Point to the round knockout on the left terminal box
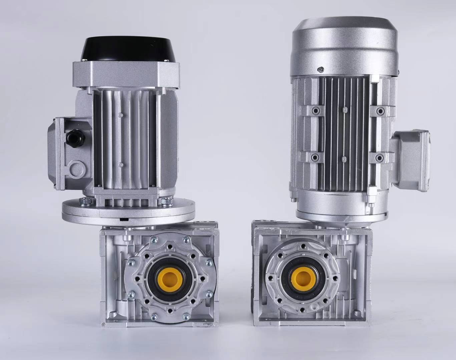[76, 166]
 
